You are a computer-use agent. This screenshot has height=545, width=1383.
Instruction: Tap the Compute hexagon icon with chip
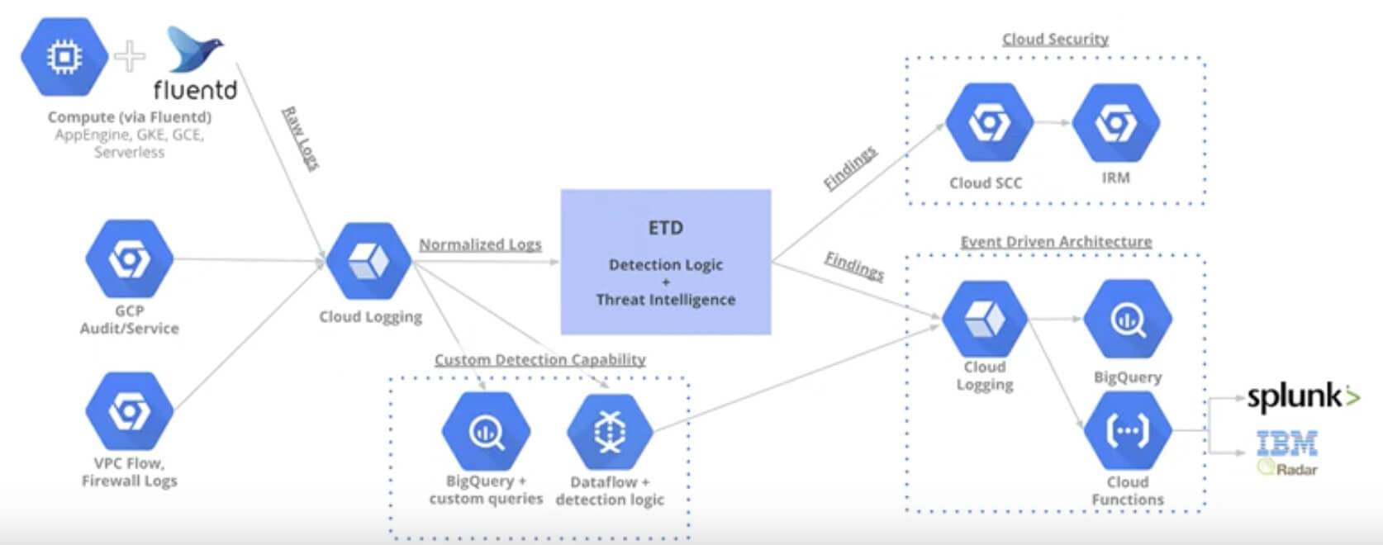(64, 57)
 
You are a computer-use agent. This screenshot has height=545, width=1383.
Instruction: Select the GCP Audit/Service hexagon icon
(129, 258)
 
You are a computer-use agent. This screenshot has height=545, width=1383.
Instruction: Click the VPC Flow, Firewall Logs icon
(129, 410)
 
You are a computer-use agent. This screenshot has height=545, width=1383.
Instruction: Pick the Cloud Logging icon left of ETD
(368, 262)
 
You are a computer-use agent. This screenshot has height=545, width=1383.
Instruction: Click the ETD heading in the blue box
(665, 228)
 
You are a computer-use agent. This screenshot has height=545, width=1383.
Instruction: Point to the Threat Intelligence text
(665, 300)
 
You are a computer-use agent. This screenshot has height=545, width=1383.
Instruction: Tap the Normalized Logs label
(479, 244)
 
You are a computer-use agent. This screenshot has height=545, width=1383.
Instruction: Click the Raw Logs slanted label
(301, 138)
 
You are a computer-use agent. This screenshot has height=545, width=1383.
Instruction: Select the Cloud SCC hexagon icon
(988, 124)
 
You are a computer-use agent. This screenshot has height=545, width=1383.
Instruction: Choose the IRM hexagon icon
(1115, 123)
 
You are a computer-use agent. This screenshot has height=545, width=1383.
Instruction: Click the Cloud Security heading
(1055, 39)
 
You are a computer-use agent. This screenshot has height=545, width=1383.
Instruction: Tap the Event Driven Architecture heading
(1055, 242)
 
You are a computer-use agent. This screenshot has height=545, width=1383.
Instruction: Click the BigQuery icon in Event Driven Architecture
(1127, 320)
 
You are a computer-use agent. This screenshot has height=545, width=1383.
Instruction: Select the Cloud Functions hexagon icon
(1127, 431)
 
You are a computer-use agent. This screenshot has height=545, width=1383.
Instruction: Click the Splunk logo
(1301, 397)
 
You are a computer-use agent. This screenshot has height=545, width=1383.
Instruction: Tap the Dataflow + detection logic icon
(610, 432)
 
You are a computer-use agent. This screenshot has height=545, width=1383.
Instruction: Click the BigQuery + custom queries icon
(486, 432)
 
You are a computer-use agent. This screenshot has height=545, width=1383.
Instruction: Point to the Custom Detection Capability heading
(539, 360)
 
